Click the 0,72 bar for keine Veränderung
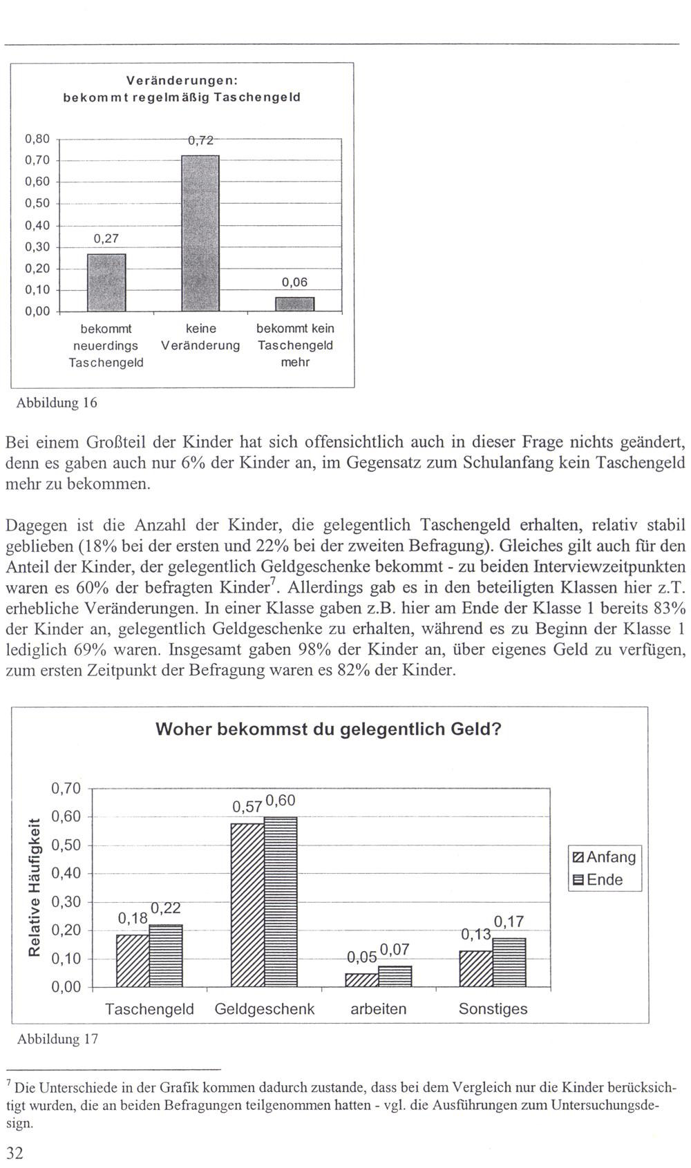(200, 233)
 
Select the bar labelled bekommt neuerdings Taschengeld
(106, 283)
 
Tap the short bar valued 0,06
(295, 304)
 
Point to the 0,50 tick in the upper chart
(37, 204)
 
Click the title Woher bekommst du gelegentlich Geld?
(328, 729)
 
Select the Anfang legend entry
(605, 857)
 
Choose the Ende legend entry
(598, 880)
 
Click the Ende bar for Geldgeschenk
(281, 902)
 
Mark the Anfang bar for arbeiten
(361, 980)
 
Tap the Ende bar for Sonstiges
(509, 962)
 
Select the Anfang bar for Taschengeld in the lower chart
(133, 961)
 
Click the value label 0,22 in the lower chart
(166, 908)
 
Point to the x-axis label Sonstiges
(493, 1009)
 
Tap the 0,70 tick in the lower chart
(66, 789)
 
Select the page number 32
(14, 1152)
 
